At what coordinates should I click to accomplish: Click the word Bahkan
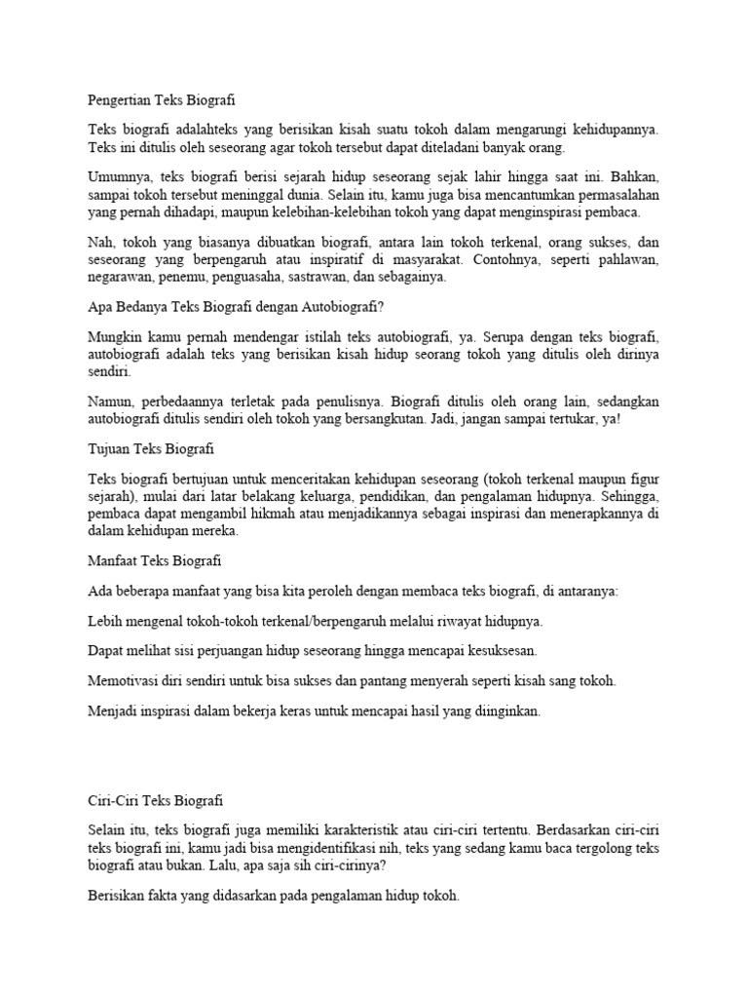click(x=635, y=177)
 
